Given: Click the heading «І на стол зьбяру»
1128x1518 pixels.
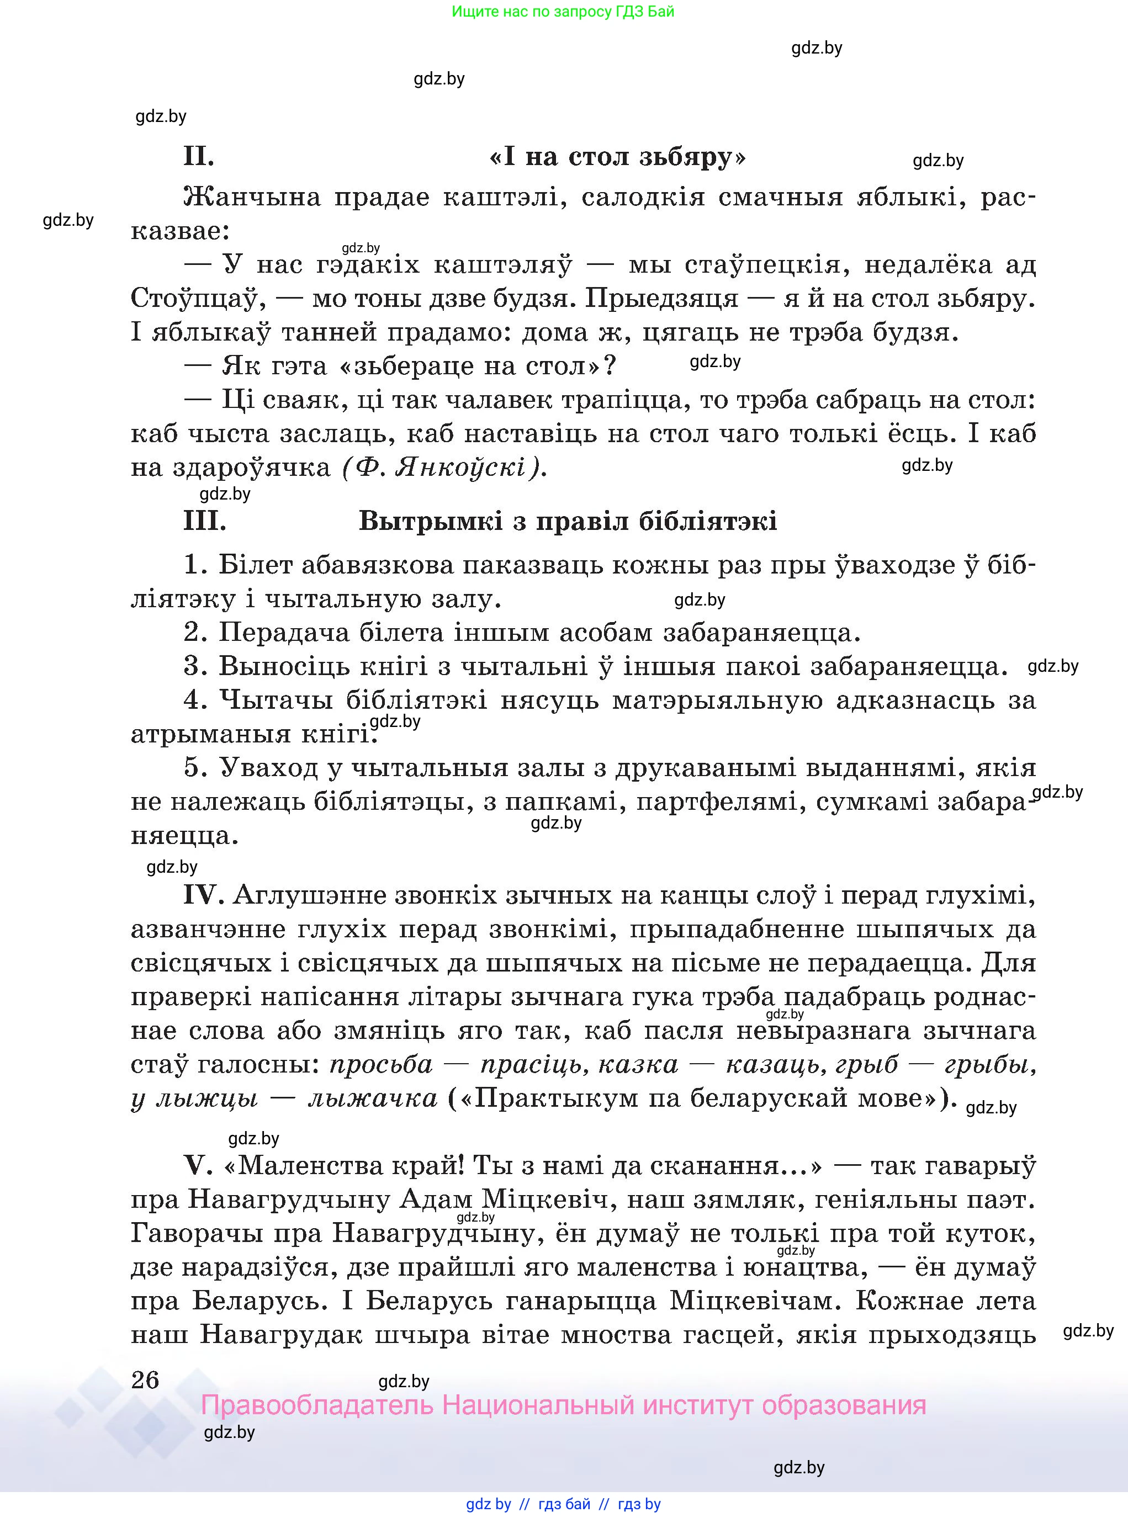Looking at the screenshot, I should pos(618,158).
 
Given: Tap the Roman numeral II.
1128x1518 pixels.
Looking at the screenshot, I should pos(199,158).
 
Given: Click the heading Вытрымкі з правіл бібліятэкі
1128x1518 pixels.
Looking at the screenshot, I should pos(568,522).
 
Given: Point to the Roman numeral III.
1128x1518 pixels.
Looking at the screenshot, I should pos(205,522).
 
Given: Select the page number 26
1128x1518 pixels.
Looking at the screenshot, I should pos(145,1380).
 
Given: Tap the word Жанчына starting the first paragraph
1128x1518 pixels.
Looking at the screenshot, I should pos(252,198).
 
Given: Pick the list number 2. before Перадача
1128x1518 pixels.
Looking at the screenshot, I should pos(195,633).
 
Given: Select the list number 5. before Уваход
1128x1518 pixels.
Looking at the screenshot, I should pos(195,768).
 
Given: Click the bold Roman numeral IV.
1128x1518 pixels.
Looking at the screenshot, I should pos(203,895).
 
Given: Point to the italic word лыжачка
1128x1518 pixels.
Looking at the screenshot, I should pos(373,1099).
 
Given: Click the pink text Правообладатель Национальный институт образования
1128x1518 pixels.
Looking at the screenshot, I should pos(563,1405).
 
